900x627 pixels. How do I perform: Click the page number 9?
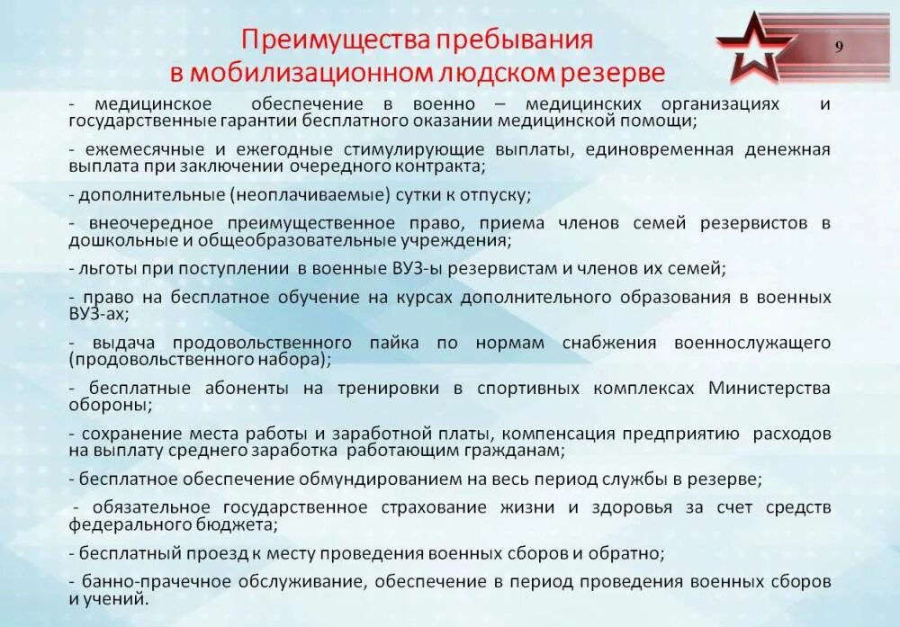(x=839, y=49)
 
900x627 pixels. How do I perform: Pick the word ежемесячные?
(x=130, y=148)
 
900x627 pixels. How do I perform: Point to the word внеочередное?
(x=150, y=222)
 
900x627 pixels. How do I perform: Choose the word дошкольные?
(x=113, y=240)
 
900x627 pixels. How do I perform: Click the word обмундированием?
(x=378, y=477)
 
